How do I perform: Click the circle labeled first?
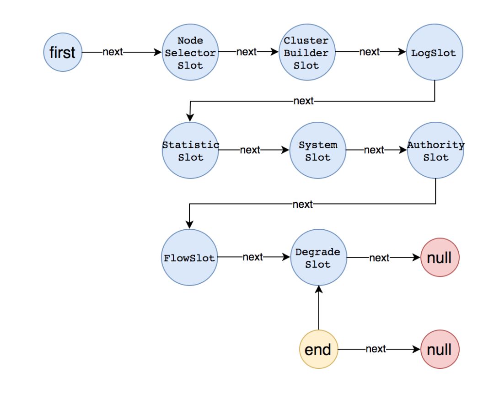63,53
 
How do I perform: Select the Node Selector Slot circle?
190,53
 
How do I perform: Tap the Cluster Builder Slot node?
306,53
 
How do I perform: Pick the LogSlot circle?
434,53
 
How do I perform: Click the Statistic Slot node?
190,151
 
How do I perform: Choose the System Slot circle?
318,151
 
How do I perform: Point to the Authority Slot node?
435,151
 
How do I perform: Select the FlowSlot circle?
189,258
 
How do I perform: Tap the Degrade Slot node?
318,258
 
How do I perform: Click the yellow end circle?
318,350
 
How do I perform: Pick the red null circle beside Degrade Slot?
439,258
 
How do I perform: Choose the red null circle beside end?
439,350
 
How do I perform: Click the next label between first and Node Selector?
113,52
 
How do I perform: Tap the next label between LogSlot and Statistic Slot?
303,101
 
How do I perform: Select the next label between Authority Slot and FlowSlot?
302,204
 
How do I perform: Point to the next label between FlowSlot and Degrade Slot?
252,257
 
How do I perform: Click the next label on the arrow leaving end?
376,349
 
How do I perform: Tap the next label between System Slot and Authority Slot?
374,150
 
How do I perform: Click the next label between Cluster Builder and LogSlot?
370,52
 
